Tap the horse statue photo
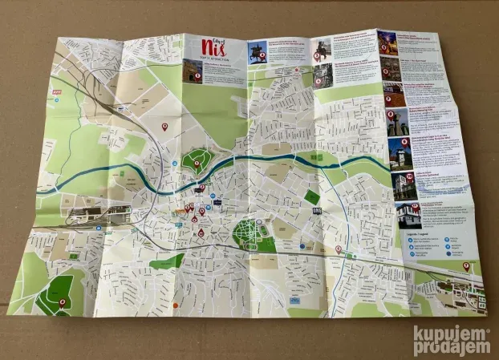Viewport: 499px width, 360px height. pos(257,54)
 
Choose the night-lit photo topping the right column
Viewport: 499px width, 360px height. pos(387,42)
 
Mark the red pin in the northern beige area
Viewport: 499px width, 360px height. pos(165,126)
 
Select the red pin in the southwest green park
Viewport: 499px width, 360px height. pos(63,302)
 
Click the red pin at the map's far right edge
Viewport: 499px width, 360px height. pos(467,265)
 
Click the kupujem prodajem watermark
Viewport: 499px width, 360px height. pos(451,341)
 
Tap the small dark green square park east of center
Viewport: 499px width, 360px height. pos(311,196)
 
